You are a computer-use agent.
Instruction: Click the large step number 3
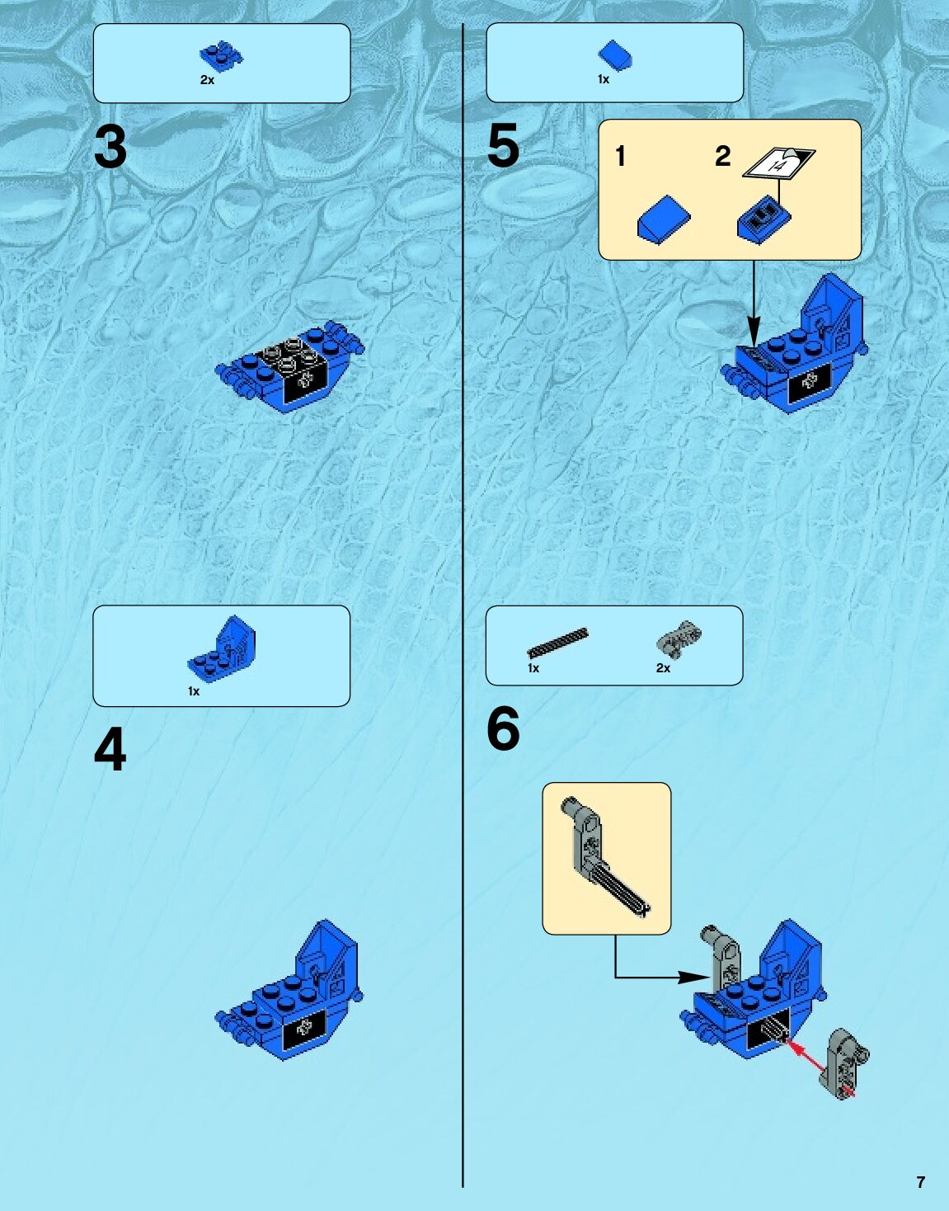click(110, 147)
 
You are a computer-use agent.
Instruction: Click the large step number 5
click(503, 146)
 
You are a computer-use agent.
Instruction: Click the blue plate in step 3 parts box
click(221, 56)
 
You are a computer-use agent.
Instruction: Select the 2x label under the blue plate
click(207, 80)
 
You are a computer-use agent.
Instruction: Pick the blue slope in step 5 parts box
click(615, 56)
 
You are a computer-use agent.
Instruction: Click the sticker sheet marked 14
click(779, 163)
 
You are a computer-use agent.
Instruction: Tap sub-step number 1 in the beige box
click(620, 156)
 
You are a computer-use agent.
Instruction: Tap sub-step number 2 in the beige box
click(722, 156)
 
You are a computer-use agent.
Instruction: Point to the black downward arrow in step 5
click(754, 304)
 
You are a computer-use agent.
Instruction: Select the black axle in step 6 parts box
click(557, 643)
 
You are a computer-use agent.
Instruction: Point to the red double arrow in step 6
click(819, 1066)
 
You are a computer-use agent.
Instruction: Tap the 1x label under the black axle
click(533, 668)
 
